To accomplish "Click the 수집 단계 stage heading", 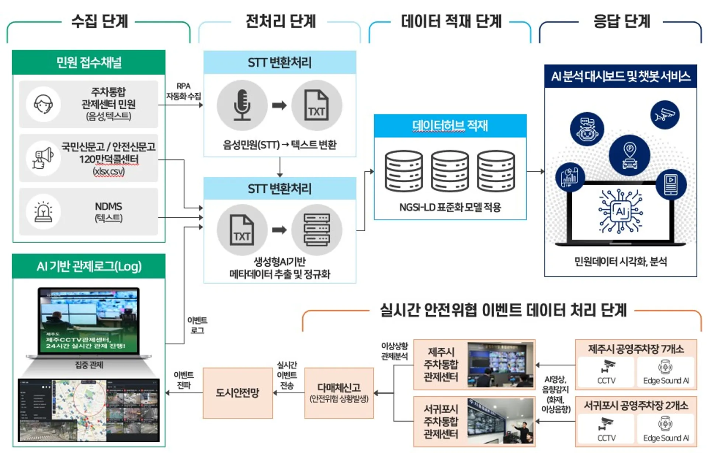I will [x=100, y=21].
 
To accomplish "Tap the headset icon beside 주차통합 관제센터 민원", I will [x=43, y=104].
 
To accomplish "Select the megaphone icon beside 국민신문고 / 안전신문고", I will [x=43, y=158].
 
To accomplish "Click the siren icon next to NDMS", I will [x=43, y=212].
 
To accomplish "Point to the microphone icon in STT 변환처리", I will [x=242, y=105].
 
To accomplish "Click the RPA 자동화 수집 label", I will [x=183, y=91].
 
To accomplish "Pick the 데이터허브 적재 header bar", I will [x=450, y=126].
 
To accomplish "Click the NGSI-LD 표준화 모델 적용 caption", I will [x=450, y=207].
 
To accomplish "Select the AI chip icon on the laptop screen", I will [x=621, y=211].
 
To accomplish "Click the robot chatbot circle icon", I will [x=587, y=129].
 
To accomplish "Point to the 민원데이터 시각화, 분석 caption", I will [x=621, y=261].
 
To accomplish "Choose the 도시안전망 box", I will [x=237, y=393].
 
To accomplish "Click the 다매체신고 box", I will [x=339, y=393].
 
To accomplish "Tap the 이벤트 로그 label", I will [x=197, y=325].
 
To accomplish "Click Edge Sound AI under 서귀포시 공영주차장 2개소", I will [x=666, y=429].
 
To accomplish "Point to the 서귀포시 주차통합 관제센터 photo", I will [x=500, y=421].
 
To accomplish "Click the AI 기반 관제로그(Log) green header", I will [x=89, y=266].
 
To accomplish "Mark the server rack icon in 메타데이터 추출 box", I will [x=317, y=230].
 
